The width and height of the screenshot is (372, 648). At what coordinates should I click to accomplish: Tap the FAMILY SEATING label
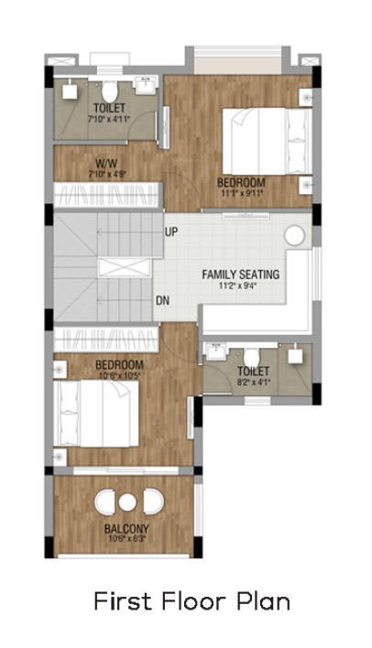241,274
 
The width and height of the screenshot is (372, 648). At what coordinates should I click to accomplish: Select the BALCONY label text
126,529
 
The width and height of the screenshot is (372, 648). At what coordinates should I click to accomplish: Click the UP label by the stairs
171,232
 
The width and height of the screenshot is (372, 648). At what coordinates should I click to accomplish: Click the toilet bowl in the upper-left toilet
109,92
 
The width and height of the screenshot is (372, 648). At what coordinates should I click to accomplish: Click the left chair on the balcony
104,502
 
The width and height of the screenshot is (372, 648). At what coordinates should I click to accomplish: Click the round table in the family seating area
294,235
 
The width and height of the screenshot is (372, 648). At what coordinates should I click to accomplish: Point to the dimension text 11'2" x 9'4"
241,286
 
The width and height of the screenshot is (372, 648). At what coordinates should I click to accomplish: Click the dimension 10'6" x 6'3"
126,539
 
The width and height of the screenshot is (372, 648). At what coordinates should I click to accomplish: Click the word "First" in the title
116,601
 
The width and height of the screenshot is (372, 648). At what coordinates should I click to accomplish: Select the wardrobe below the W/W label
107,193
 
